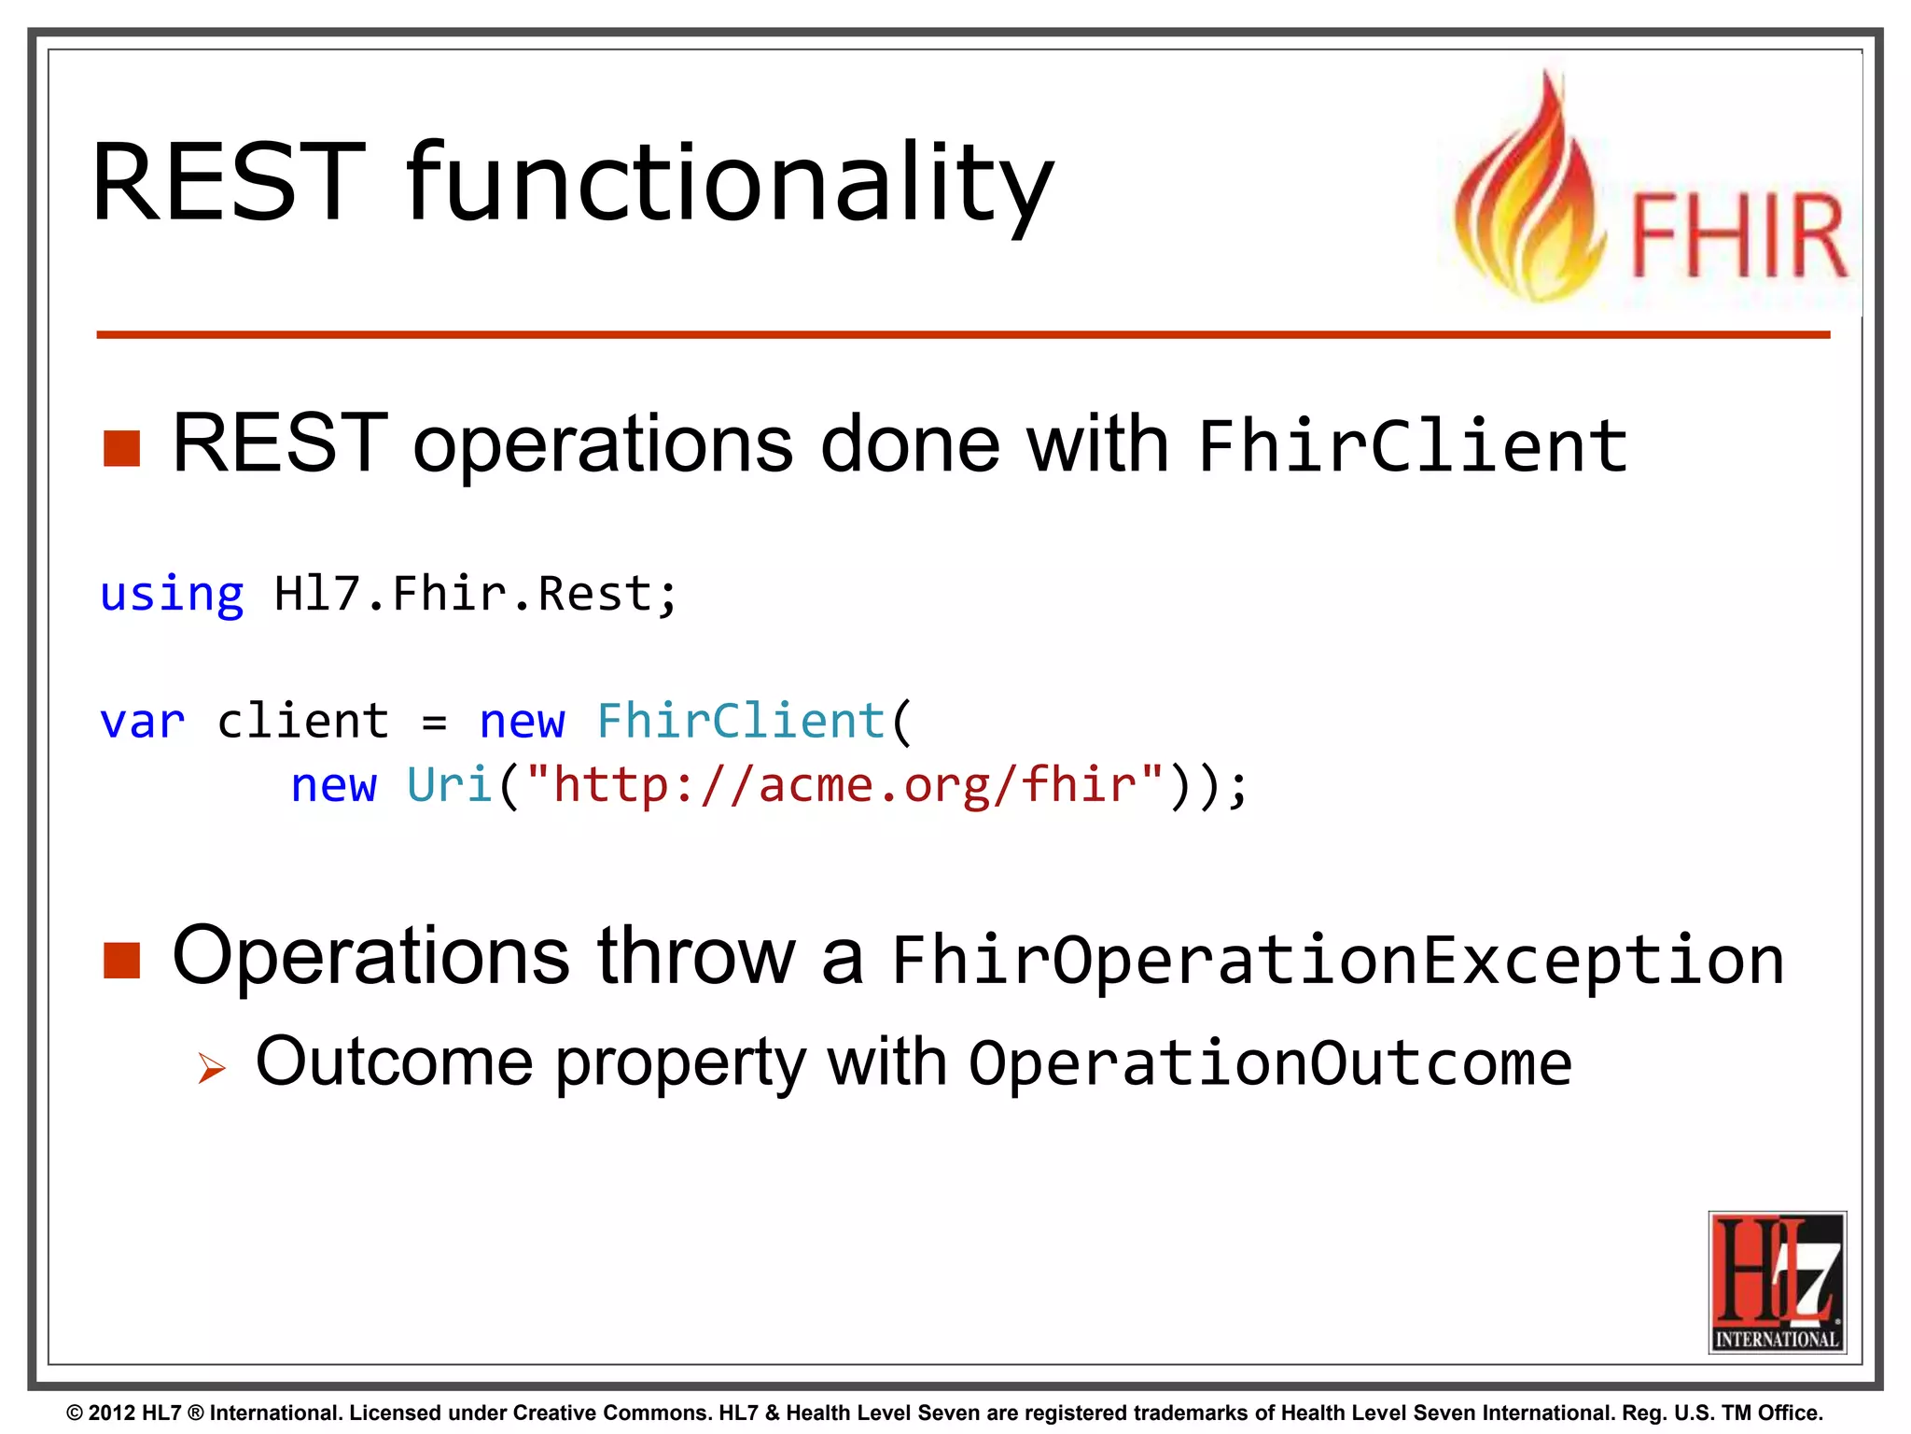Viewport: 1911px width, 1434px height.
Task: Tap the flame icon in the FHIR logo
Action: (x=1530, y=196)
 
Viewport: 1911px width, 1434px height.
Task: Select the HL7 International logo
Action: (x=1777, y=1282)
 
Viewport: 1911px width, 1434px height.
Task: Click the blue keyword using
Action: (x=172, y=595)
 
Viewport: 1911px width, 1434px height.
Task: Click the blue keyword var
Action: (x=142, y=722)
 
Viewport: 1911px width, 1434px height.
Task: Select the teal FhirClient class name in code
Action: (x=740, y=722)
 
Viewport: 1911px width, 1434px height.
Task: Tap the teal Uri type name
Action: (x=449, y=785)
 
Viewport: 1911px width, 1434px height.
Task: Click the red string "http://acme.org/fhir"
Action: (x=844, y=785)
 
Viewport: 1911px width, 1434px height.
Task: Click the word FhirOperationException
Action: (x=1337, y=960)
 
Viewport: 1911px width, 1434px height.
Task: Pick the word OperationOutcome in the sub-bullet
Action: (x=1270, y=1063)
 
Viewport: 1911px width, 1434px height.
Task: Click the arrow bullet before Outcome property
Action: (x=212, y=1067)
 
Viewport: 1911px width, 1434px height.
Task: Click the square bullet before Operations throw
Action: (x=121, y=960)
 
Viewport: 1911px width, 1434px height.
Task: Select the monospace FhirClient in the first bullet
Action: (x=1412, y=446)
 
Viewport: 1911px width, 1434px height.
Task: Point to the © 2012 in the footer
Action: (x=101, y=1413)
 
